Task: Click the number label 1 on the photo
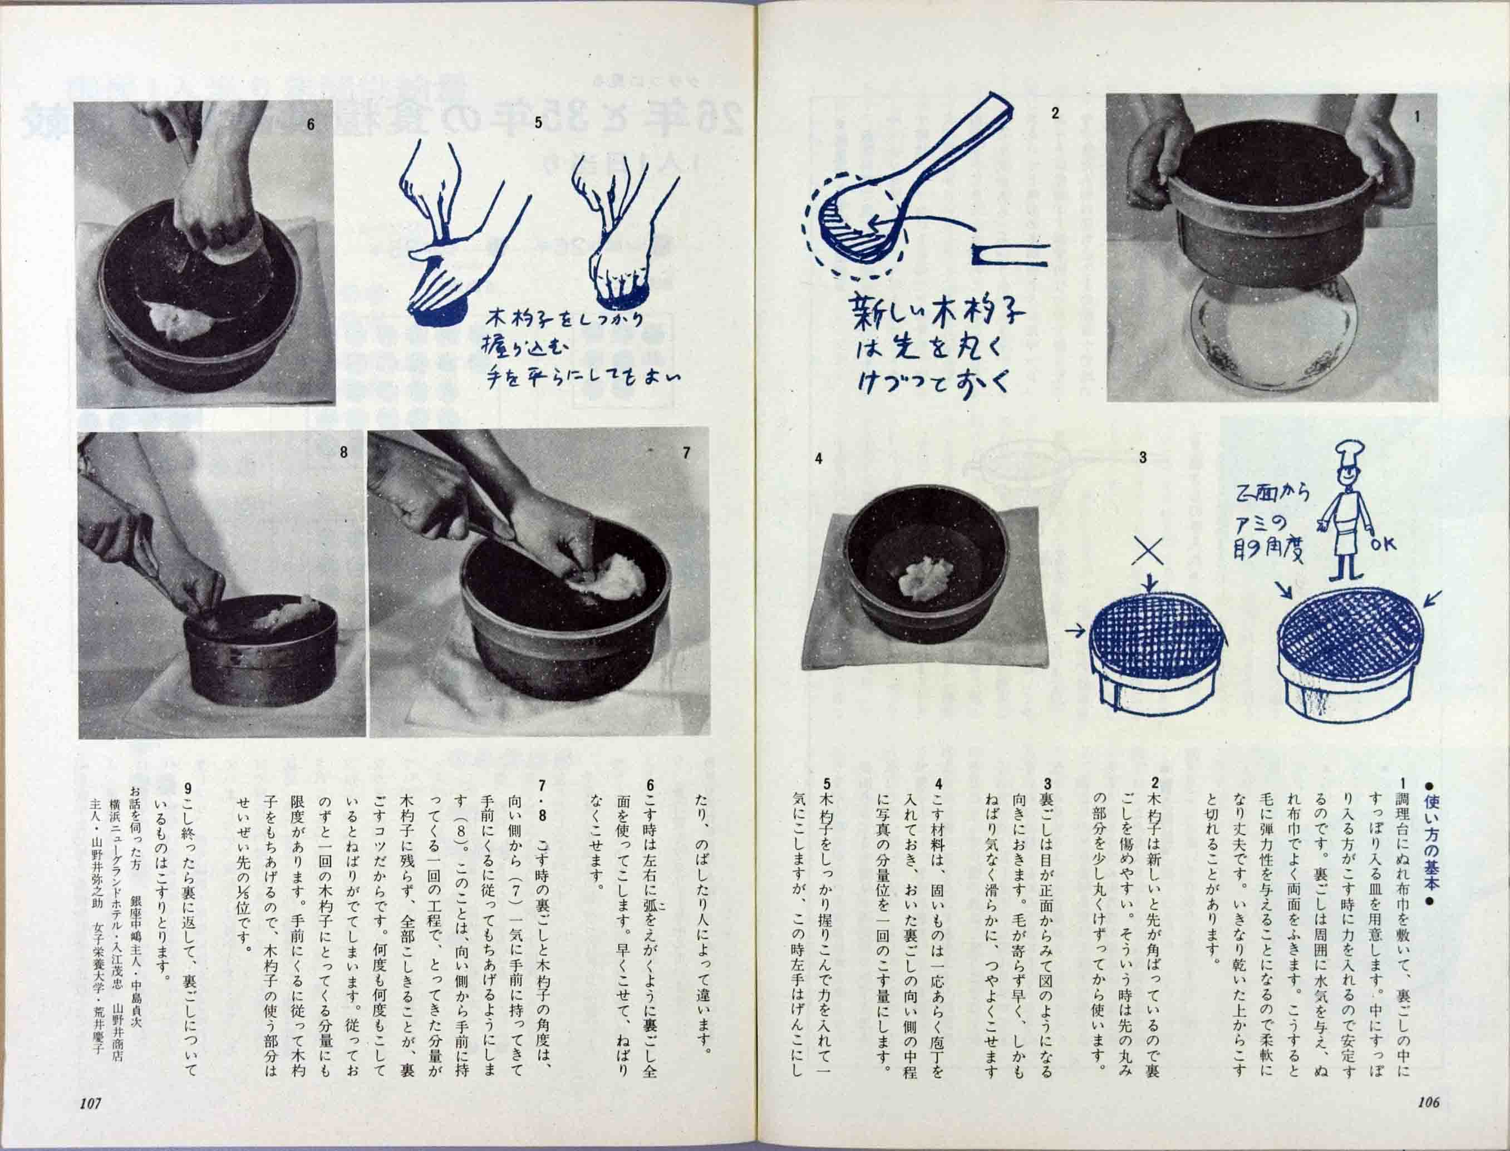(1417, 117)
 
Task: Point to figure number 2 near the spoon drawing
(1055, 114)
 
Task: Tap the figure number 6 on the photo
(311, 125)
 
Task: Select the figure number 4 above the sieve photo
(818, 459)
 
